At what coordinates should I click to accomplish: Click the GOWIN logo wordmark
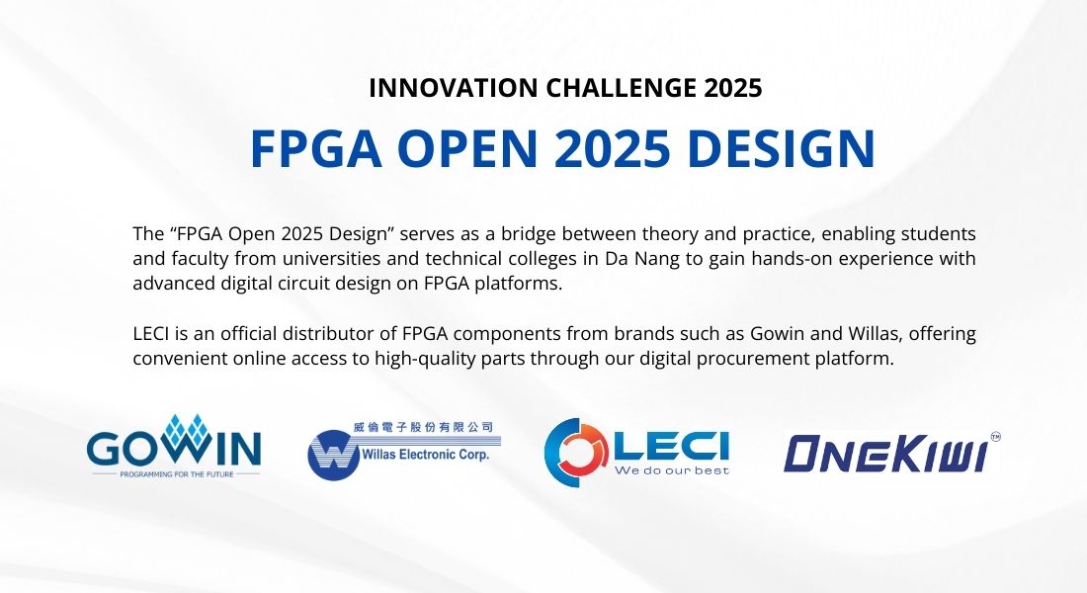(x=175, y=448)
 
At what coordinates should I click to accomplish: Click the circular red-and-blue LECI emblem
(x=577, y=452)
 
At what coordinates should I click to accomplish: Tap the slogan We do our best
(x=672, y=470)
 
